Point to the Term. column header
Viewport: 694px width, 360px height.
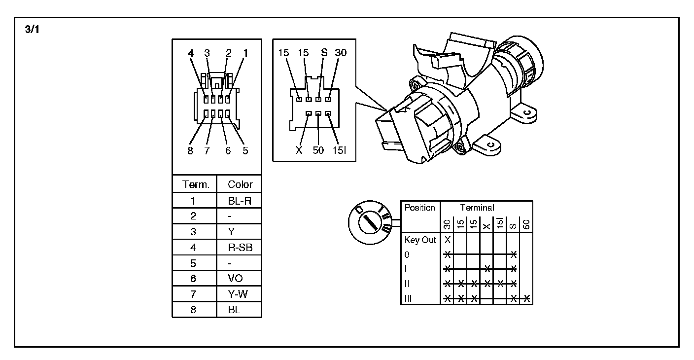[x=193, y=184]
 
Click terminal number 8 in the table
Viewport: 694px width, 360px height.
[x=193, y=310]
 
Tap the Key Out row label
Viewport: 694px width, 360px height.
[x=420, y=240]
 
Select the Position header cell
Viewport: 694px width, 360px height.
[x=419, y=208]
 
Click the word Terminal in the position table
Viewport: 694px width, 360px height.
[x=477, y=208]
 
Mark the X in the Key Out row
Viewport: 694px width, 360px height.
[x=447, y=240]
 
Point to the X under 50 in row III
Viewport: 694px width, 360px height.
[x=527, y=298]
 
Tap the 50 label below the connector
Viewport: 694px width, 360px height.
[x=318, y=150]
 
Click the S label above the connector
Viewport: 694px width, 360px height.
[x=324, y=53]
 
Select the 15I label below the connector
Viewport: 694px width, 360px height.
[x=340, y=150]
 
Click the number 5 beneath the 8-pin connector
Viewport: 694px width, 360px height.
[x=245, y=151]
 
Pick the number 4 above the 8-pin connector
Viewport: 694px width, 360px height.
[x=191, y=53]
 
